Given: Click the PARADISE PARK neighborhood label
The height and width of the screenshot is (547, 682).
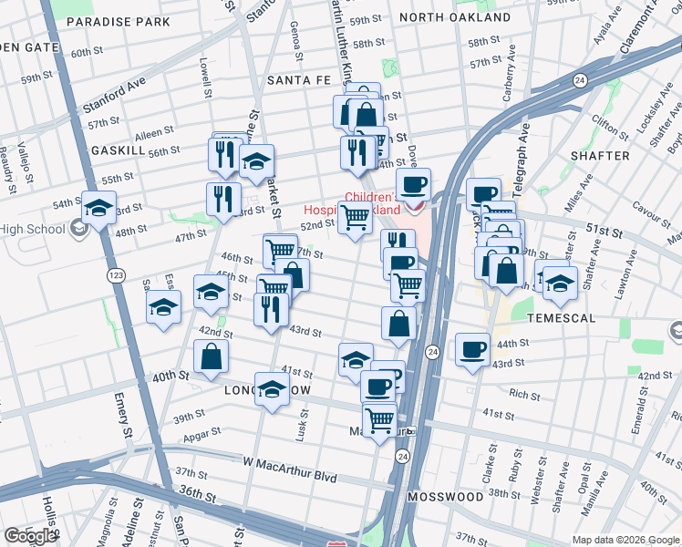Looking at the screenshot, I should (x=119, y=21).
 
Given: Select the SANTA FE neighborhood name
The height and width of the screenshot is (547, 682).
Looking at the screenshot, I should (x=299, y=81).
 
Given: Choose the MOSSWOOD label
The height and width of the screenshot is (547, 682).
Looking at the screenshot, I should (x=445, y=497).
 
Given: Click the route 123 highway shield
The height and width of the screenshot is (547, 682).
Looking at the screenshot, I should (x=116, y=274).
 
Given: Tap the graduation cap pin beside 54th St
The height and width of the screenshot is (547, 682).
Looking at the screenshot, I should (x=98, y=208).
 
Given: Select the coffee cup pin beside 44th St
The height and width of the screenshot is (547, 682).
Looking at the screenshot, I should (x=472, y=350).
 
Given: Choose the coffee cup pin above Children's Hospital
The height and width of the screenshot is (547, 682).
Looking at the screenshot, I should (x=413, y=185).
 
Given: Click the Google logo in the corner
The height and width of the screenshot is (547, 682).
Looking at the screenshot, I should (x=30, y=536).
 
